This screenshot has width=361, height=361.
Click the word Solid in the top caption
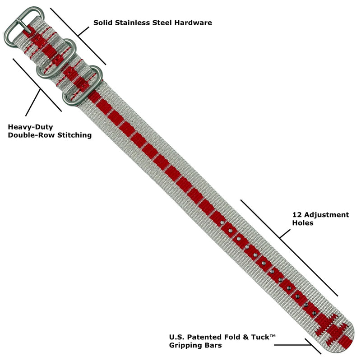[103, 23]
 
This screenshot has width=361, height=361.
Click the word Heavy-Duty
[30, 127]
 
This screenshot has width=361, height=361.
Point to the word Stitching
[74, 135]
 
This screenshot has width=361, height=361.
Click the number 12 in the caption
[297, 215]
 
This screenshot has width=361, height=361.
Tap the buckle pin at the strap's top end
[25, 26]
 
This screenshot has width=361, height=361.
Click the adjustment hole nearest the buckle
[222, 223]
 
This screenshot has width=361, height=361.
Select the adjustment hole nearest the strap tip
[314, 313]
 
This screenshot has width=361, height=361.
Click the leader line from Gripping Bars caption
[292, 345]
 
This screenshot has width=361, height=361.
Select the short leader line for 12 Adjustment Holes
[285, 233]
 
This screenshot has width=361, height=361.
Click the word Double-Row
[31, 135]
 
